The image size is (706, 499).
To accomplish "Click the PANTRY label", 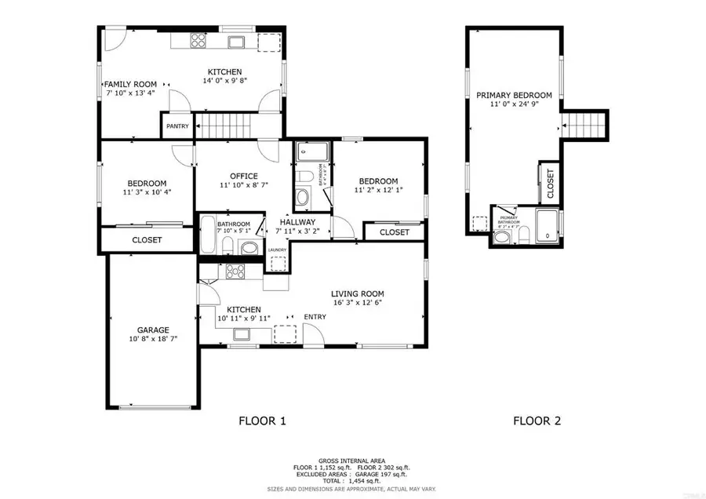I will (x=177, y=125).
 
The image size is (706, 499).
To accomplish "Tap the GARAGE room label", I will (x=148, y=330).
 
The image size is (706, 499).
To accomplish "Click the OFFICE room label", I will (x=244, y=176).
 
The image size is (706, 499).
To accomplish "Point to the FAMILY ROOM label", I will (x=131, y=84).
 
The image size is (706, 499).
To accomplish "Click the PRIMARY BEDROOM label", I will (x=514, y=96).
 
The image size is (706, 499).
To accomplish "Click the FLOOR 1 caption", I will (x=262, y=421).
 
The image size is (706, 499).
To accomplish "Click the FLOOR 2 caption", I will (x=537, y=421).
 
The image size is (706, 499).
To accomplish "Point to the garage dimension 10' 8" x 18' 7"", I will (x=148, y=340).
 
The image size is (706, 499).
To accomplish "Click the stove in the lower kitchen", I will (x=235, y=272).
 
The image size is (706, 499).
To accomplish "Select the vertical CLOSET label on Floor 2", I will (x=550, y=182).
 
